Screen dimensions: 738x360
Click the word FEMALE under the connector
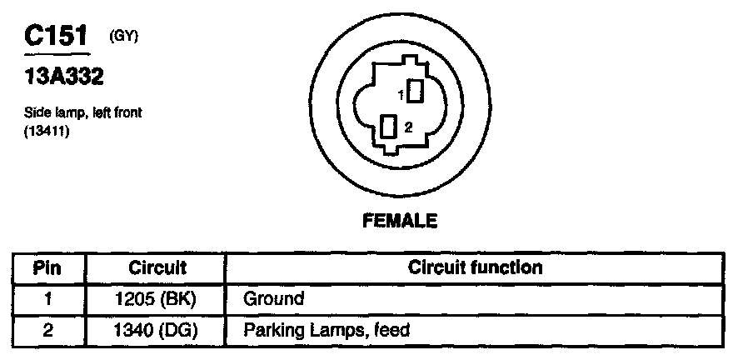click(400, 221)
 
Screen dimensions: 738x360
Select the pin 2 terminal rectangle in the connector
click(388, 127)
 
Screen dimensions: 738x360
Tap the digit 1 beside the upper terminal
click(401, 96)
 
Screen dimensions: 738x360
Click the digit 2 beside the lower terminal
click(408, 127)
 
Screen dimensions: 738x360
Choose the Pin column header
click(48, 268)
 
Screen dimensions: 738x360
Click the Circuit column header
click(157, 268)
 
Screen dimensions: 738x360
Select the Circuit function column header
click(476, 267)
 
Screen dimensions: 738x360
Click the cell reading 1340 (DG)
click(157, 330)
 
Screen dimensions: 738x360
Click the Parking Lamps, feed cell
click(327, 330)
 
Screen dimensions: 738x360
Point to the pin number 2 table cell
click(48, 330)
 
